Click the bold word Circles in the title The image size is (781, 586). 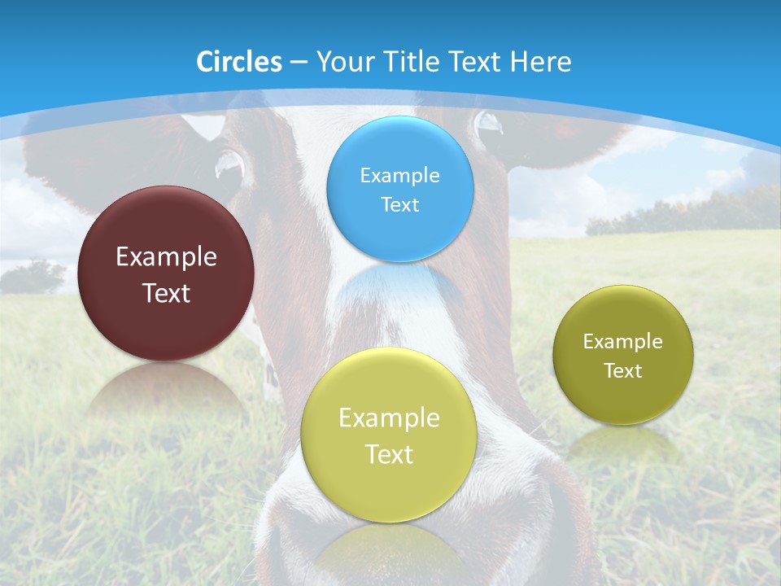pyautogui.click(x=238, y=62)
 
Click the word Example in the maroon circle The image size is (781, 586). pyautogui.click(x=166, y=256)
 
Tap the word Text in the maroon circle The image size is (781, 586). pyautogui.click(x=166, y=293)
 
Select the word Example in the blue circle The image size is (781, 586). pyautogui.click(x=399, y=175)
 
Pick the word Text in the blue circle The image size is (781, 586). pyautogui.click(x=399, y=204)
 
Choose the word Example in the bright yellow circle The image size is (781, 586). pyautogui.click(x=389, y=418)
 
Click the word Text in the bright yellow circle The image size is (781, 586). pyautogui.click(x=389, y=454)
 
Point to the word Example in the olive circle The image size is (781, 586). pyautogui.click(x=622, y=341)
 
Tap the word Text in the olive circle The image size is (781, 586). pyautogui.click(x=622, y=370)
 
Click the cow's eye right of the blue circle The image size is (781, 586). pyautogui.click(x=489, y=124)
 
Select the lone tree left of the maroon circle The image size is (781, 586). pyautogui.click(x=34, y=275)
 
